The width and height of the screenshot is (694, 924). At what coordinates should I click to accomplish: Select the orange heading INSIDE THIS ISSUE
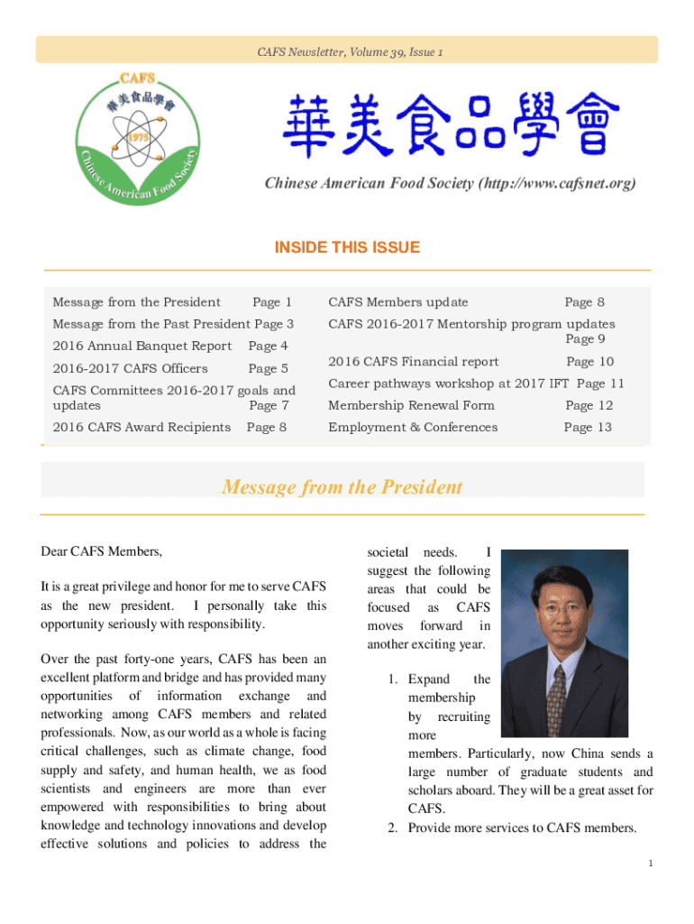point(347,247)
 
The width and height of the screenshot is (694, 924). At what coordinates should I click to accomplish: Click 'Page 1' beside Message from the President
point(272,302)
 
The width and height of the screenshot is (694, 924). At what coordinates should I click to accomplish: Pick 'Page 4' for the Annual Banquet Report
point(269,346)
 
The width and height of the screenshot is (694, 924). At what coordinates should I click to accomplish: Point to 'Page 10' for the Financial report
point(590,362)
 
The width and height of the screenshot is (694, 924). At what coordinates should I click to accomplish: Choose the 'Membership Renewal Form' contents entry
point(411,405)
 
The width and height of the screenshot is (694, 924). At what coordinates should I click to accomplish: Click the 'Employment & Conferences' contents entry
point(413,427)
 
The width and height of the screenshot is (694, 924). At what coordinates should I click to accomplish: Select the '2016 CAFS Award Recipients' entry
point(142,427)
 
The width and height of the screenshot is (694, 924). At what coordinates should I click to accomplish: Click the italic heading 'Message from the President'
point(342,487)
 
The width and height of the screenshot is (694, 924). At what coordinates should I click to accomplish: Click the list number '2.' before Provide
point(393,827)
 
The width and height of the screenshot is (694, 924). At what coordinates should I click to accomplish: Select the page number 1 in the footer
point(650,864)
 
